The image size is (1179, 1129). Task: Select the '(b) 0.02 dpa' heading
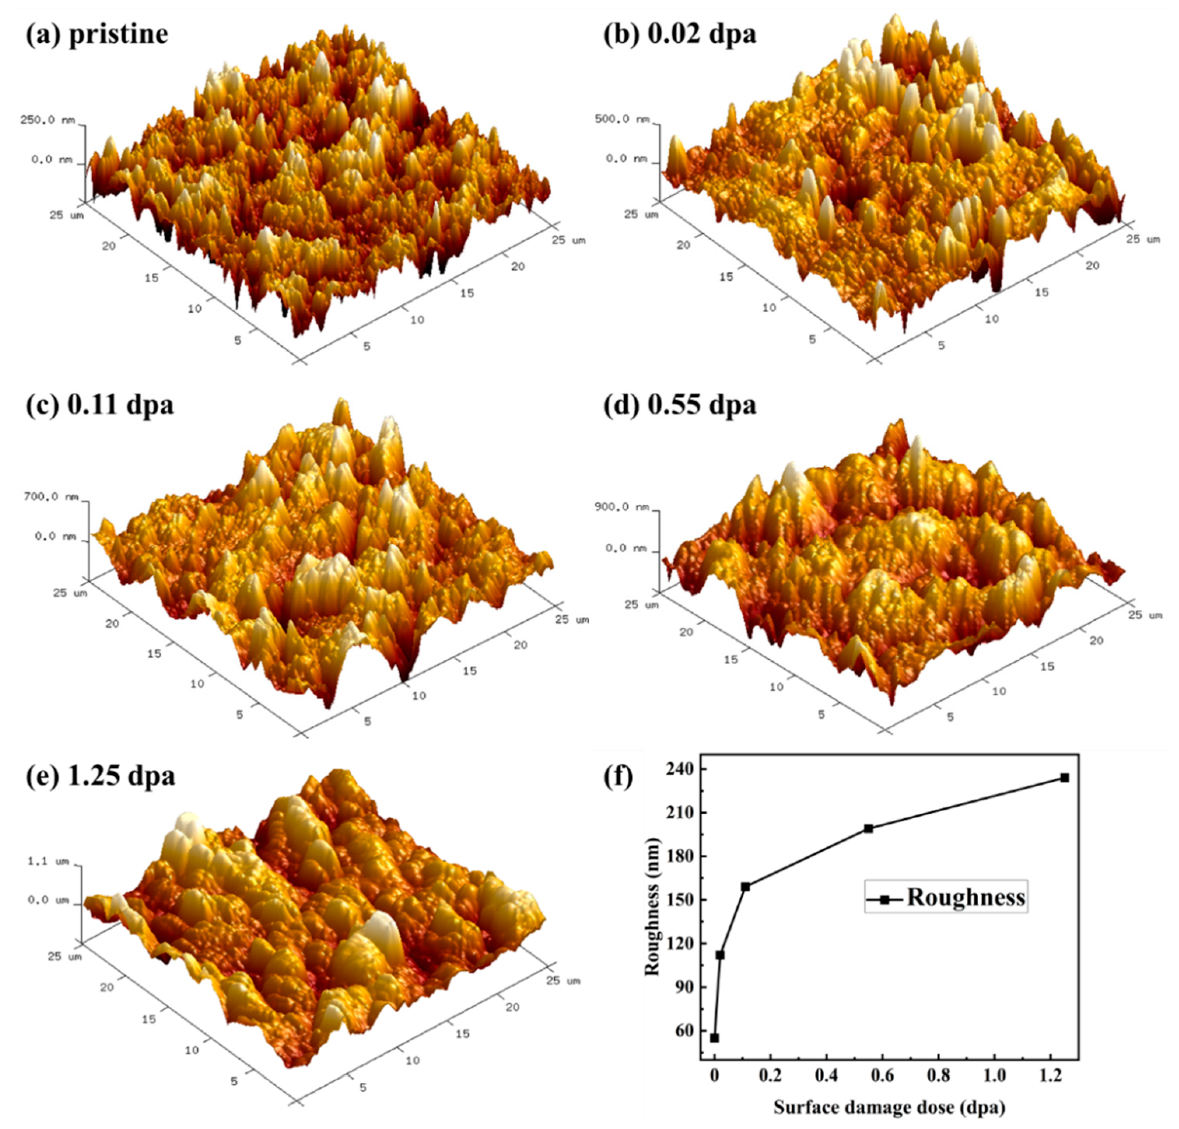point(680,34)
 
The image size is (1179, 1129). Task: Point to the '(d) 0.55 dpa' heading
point(680,404)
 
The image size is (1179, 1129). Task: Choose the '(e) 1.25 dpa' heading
point(100,775)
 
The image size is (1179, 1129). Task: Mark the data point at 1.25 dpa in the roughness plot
point(1065,778)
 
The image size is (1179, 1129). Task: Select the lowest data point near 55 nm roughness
point(715,1038)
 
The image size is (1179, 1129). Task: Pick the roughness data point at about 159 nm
point(746,887)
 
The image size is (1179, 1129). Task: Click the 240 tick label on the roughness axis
point(680,769)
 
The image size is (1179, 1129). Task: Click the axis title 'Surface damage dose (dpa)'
point(889,1107)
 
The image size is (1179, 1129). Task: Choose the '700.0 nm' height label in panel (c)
point(50,497)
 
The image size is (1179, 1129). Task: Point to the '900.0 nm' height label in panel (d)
point(621,507)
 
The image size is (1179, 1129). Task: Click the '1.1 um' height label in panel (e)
point(48,861)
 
